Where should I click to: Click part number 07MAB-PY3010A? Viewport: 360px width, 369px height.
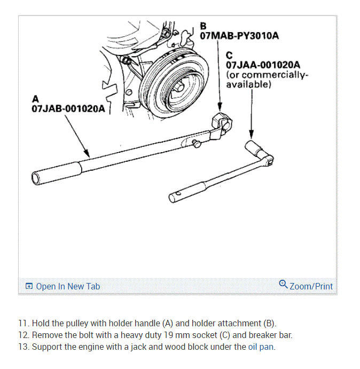[239, 36]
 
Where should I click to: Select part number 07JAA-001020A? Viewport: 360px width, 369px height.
[262, 65]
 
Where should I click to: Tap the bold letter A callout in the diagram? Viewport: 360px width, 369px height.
[35, 99]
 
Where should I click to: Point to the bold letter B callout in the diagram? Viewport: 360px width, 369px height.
[203, 26]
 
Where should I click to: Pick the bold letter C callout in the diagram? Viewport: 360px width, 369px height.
[229, 54]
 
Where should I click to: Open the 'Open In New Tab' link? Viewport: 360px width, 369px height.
[68, 286]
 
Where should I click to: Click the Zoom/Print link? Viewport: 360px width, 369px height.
[311, 286]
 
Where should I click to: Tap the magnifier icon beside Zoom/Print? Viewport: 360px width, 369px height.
[283, 285]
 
